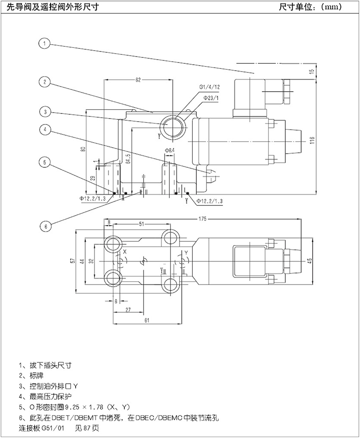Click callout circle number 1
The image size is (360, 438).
pos(44,44)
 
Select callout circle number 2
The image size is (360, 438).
pos(44,82)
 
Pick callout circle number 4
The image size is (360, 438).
pos(44,129)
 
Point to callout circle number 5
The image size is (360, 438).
pos(44,162)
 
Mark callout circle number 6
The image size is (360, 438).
pos(44,225)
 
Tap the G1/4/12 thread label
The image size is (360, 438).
pos(209,87)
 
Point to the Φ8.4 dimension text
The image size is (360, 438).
pos(168,150)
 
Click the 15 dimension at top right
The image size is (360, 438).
pos(312,72)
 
